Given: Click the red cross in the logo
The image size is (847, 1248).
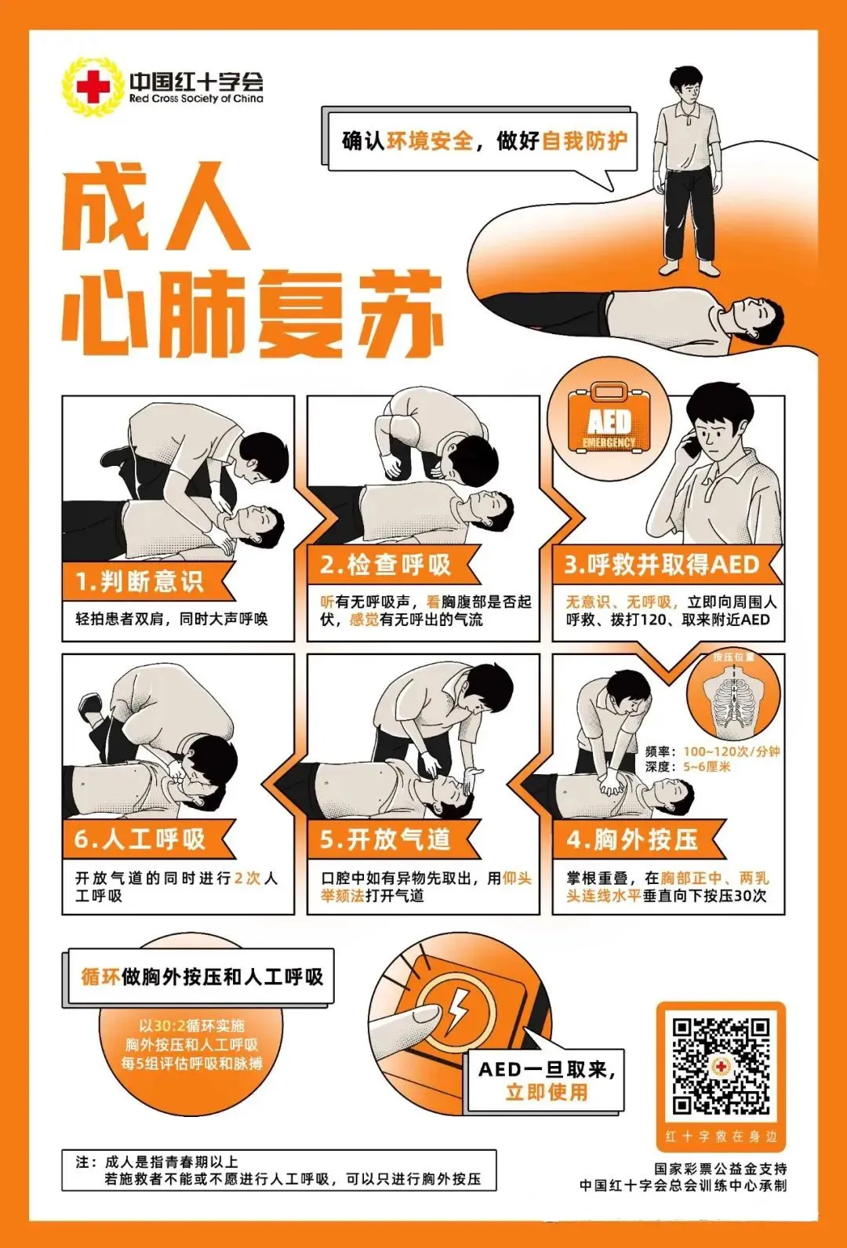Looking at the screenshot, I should pos(93,87).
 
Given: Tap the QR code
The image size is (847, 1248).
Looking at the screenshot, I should pos(720,1066).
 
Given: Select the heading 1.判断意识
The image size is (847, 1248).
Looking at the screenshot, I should pos(140,582).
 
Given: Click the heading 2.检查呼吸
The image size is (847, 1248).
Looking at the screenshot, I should pos(386,565).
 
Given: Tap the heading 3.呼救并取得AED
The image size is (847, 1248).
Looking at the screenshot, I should pos(662,565).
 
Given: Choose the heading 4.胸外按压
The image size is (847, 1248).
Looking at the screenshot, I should pos(632,840).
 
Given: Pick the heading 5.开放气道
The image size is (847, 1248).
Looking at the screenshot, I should pos(386,840).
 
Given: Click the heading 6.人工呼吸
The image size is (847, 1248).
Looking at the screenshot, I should pos(140,840).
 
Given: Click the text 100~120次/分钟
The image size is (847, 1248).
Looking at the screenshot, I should pos(731,751).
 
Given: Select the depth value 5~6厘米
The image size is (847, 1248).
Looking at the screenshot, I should pos(707,766).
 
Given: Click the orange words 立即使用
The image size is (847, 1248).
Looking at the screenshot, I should pos(547,1092).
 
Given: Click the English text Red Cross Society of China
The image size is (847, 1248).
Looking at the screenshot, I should pos(196,100).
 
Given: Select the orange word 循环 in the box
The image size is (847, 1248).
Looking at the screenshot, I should pos(100,977).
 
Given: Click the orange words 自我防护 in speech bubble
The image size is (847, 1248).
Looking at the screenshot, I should pos(584,141).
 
